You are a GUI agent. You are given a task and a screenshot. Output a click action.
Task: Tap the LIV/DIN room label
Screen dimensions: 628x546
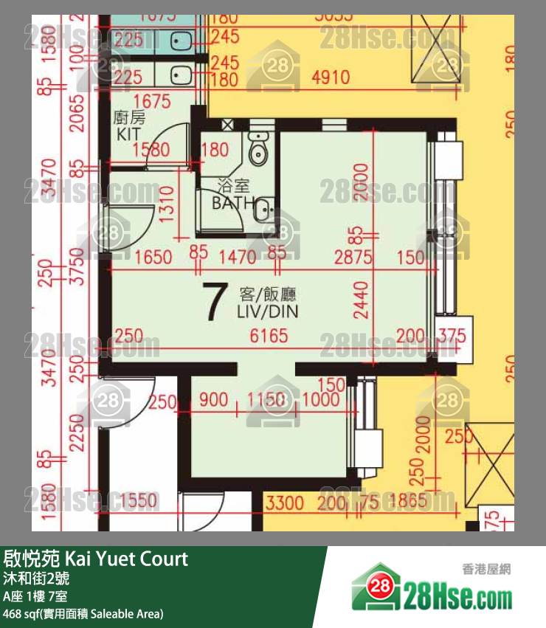(x=267, y=304)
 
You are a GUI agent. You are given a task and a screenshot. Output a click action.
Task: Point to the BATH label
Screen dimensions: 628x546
(x=233, y=203)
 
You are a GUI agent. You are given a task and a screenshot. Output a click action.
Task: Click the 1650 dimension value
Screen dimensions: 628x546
(x=153, y=258)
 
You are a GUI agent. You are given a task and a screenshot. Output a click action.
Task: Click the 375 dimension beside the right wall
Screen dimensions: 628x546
(x=452, y=337)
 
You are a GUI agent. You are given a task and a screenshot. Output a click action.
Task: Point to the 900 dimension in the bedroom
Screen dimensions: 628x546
(x=213, y=400)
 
